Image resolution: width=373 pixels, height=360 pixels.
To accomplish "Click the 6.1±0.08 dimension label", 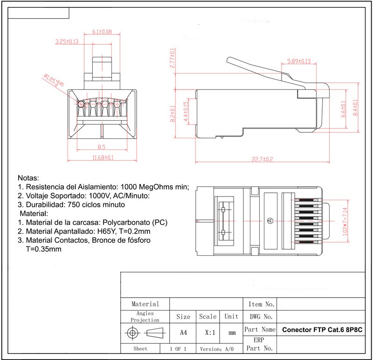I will [x=102, y=32].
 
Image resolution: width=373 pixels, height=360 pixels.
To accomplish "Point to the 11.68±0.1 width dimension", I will [x=103, y=158].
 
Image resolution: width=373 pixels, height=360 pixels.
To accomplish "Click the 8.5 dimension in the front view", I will [x=102, y=148].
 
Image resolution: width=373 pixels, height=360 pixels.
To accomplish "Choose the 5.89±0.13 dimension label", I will [x=299, y=61].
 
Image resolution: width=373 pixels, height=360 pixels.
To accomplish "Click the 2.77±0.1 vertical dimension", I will [x=173, y=59].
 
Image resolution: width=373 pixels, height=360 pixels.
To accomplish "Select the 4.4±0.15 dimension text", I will [x=186, y=112].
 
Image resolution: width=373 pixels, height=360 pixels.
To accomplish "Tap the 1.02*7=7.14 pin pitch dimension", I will [x=345, y=222].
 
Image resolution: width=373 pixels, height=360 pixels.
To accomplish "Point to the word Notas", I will [x=28, y=178].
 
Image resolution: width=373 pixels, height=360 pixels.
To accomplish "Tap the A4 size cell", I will [x=183, y=333].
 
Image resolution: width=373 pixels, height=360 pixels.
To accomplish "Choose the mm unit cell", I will [x=232, y=333].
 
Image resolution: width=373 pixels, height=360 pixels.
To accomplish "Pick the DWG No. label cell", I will [x=261, y=317].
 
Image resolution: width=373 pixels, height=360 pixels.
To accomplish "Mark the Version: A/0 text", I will [x=217, y=349].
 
